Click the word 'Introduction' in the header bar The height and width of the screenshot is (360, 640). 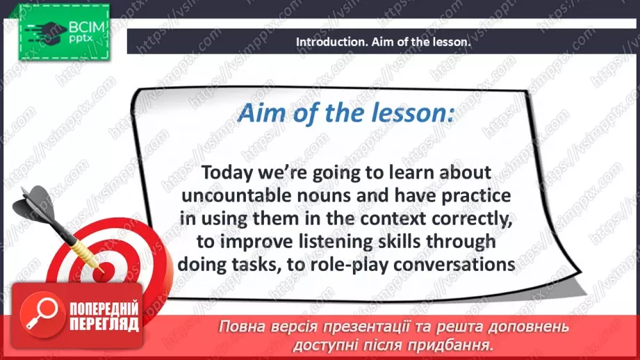click(x=329, y=42)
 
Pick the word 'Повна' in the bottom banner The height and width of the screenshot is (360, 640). click(x=242, y=327)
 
